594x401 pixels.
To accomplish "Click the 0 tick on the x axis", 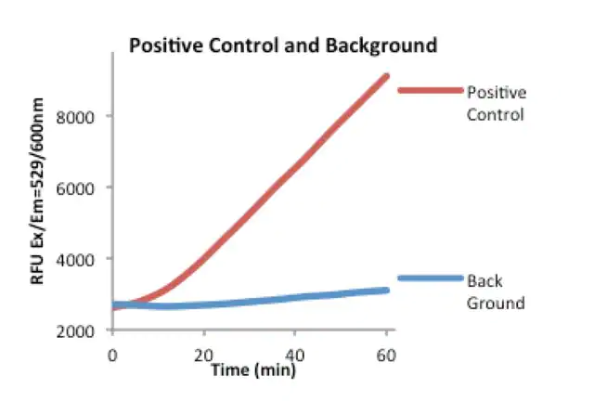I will [112, 354].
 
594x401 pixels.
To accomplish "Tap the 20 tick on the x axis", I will [203, 354].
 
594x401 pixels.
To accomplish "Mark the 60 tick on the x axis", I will [386, 354].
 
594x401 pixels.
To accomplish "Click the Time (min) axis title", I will [252, 369].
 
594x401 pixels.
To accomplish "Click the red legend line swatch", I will [430, 90].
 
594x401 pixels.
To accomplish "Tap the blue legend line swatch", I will [430, 278].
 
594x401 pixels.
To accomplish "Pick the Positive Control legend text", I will [497, 104].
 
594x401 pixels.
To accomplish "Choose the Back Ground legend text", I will [497, 291].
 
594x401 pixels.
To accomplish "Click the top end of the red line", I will [386, 76].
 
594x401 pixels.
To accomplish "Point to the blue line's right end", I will [386, 291].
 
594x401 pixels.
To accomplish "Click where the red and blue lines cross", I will [125, 304].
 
